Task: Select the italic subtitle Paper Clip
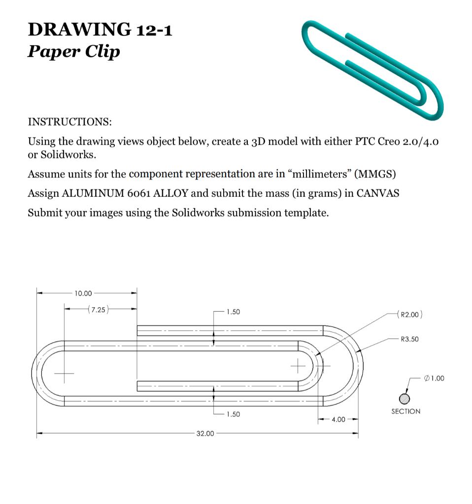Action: (x=73, y=51)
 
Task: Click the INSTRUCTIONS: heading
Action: (x=69, y=122)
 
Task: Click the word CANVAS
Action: (x=377, y=193)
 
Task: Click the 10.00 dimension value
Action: (x=83, y=293)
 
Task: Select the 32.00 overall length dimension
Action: (x=205, y=434)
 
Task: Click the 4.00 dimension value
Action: (x=338, y=419)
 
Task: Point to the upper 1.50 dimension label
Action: (x=233, y=312)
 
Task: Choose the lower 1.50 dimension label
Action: (x=233, y=414)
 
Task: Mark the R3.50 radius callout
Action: (x=409, y=339)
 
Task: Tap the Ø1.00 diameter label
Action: (x=434, y=378)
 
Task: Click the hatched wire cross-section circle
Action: (x=405, y=398)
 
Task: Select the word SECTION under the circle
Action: (x=405, y=411)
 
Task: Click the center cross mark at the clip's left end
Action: (x=63, y=373)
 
